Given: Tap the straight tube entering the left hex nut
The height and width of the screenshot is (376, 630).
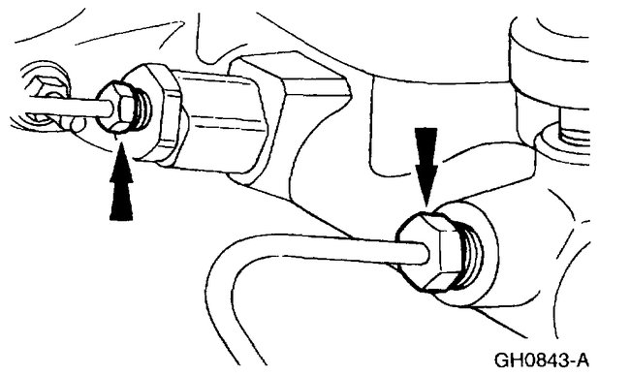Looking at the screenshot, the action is point(73,104).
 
